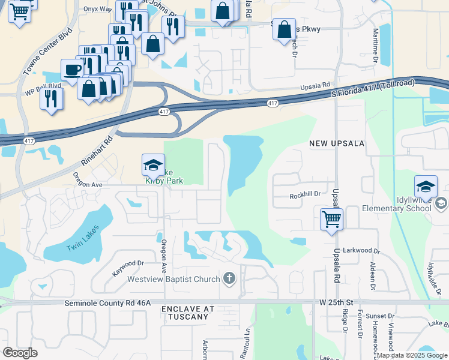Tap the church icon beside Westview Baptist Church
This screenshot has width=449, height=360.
(229, 278)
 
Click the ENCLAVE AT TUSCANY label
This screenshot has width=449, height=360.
(188, 313)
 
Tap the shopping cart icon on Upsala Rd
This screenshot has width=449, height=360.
(331, 218)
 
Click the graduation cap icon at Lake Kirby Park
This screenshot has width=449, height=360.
(153, 164)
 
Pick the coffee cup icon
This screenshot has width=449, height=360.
(72, 68)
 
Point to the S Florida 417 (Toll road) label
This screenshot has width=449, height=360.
(373, 88)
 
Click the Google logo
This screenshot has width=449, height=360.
(20, 353)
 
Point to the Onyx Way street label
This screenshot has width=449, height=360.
(98, 9)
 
